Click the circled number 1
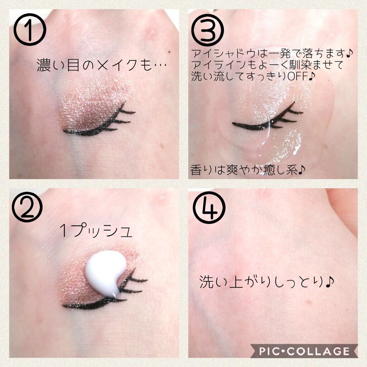click(x=30, y=30)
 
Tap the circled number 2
click(x=27, y=208)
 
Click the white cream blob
click(x=104, y=271)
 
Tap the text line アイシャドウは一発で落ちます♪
click(x=272, y=54)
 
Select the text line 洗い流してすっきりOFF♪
click(x=253, y=76)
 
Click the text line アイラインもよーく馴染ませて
click(x=267, y=65)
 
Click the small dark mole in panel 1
click(x=168, y=53)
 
